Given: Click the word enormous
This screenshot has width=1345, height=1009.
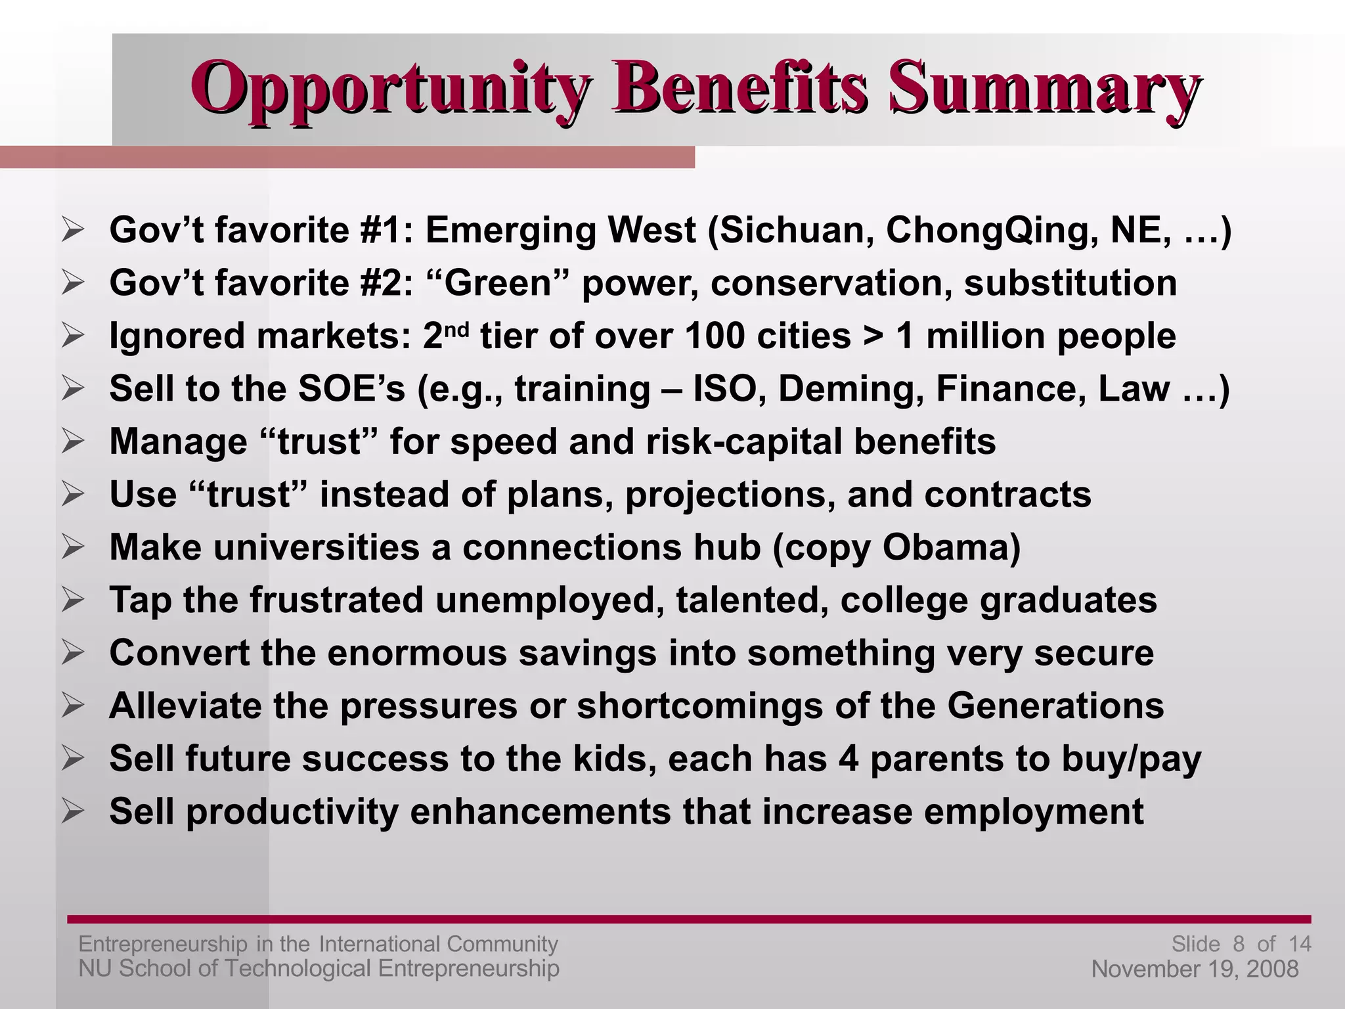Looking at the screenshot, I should [417, 654].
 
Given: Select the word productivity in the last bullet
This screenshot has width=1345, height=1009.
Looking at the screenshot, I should [293, 812].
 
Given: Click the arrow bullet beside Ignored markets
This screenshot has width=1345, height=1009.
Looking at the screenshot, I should [72, 336].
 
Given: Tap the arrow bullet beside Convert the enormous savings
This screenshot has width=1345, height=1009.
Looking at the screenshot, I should [72, 654].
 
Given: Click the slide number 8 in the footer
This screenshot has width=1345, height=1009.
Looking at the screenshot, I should [1239, 944].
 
